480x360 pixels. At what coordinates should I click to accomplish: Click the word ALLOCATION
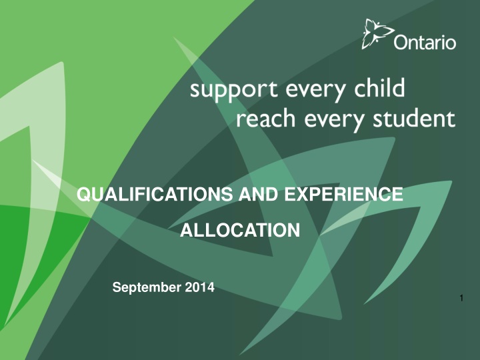click(x=240, y=231)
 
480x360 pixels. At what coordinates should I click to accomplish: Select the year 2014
click(x=198, y=288)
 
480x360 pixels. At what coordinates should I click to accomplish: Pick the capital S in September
click(x=117, y=288)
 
